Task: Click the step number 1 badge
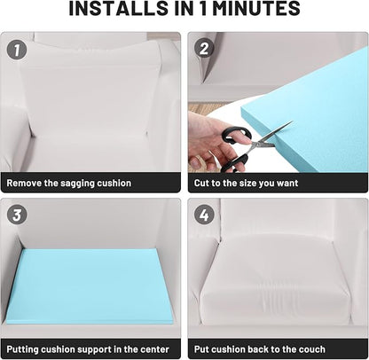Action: point(17,50)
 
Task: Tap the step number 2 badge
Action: point(204,48)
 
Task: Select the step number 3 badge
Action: point(17,215)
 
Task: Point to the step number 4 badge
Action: point(204,215)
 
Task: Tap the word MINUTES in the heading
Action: point(256,9)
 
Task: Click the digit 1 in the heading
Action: point(203,9)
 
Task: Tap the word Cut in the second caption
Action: point(201,183)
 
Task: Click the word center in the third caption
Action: point(154,349)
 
